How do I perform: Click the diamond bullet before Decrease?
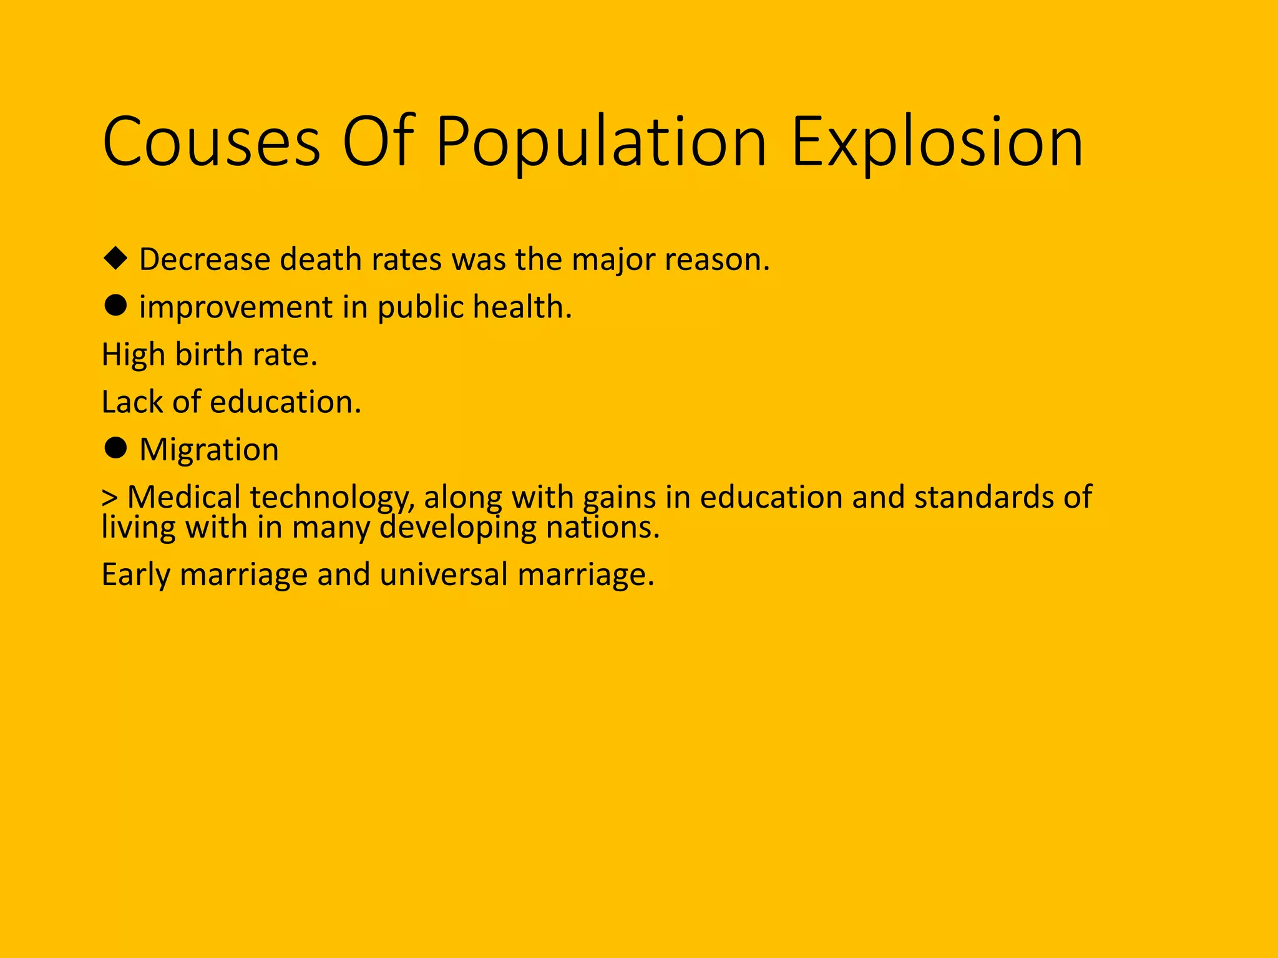pyautogui.click(x=115, y=258)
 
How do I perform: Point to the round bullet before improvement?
pyautogui.click(x=115, y=306)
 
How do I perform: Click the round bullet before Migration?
pyautogui.click(x=115, y=448)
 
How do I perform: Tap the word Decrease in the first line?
pyautogui.click(x=205, y=259)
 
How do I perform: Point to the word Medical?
pyautogui.click(x=183, y=497)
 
